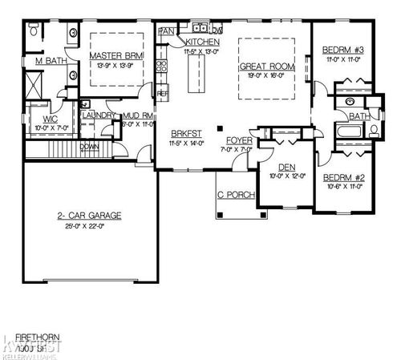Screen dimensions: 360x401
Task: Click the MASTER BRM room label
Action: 116,55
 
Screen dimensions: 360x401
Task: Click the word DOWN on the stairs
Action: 90,147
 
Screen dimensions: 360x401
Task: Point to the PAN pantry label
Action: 167,30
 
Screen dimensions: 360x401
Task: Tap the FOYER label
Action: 240,140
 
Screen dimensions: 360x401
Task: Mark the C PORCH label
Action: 233,195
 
